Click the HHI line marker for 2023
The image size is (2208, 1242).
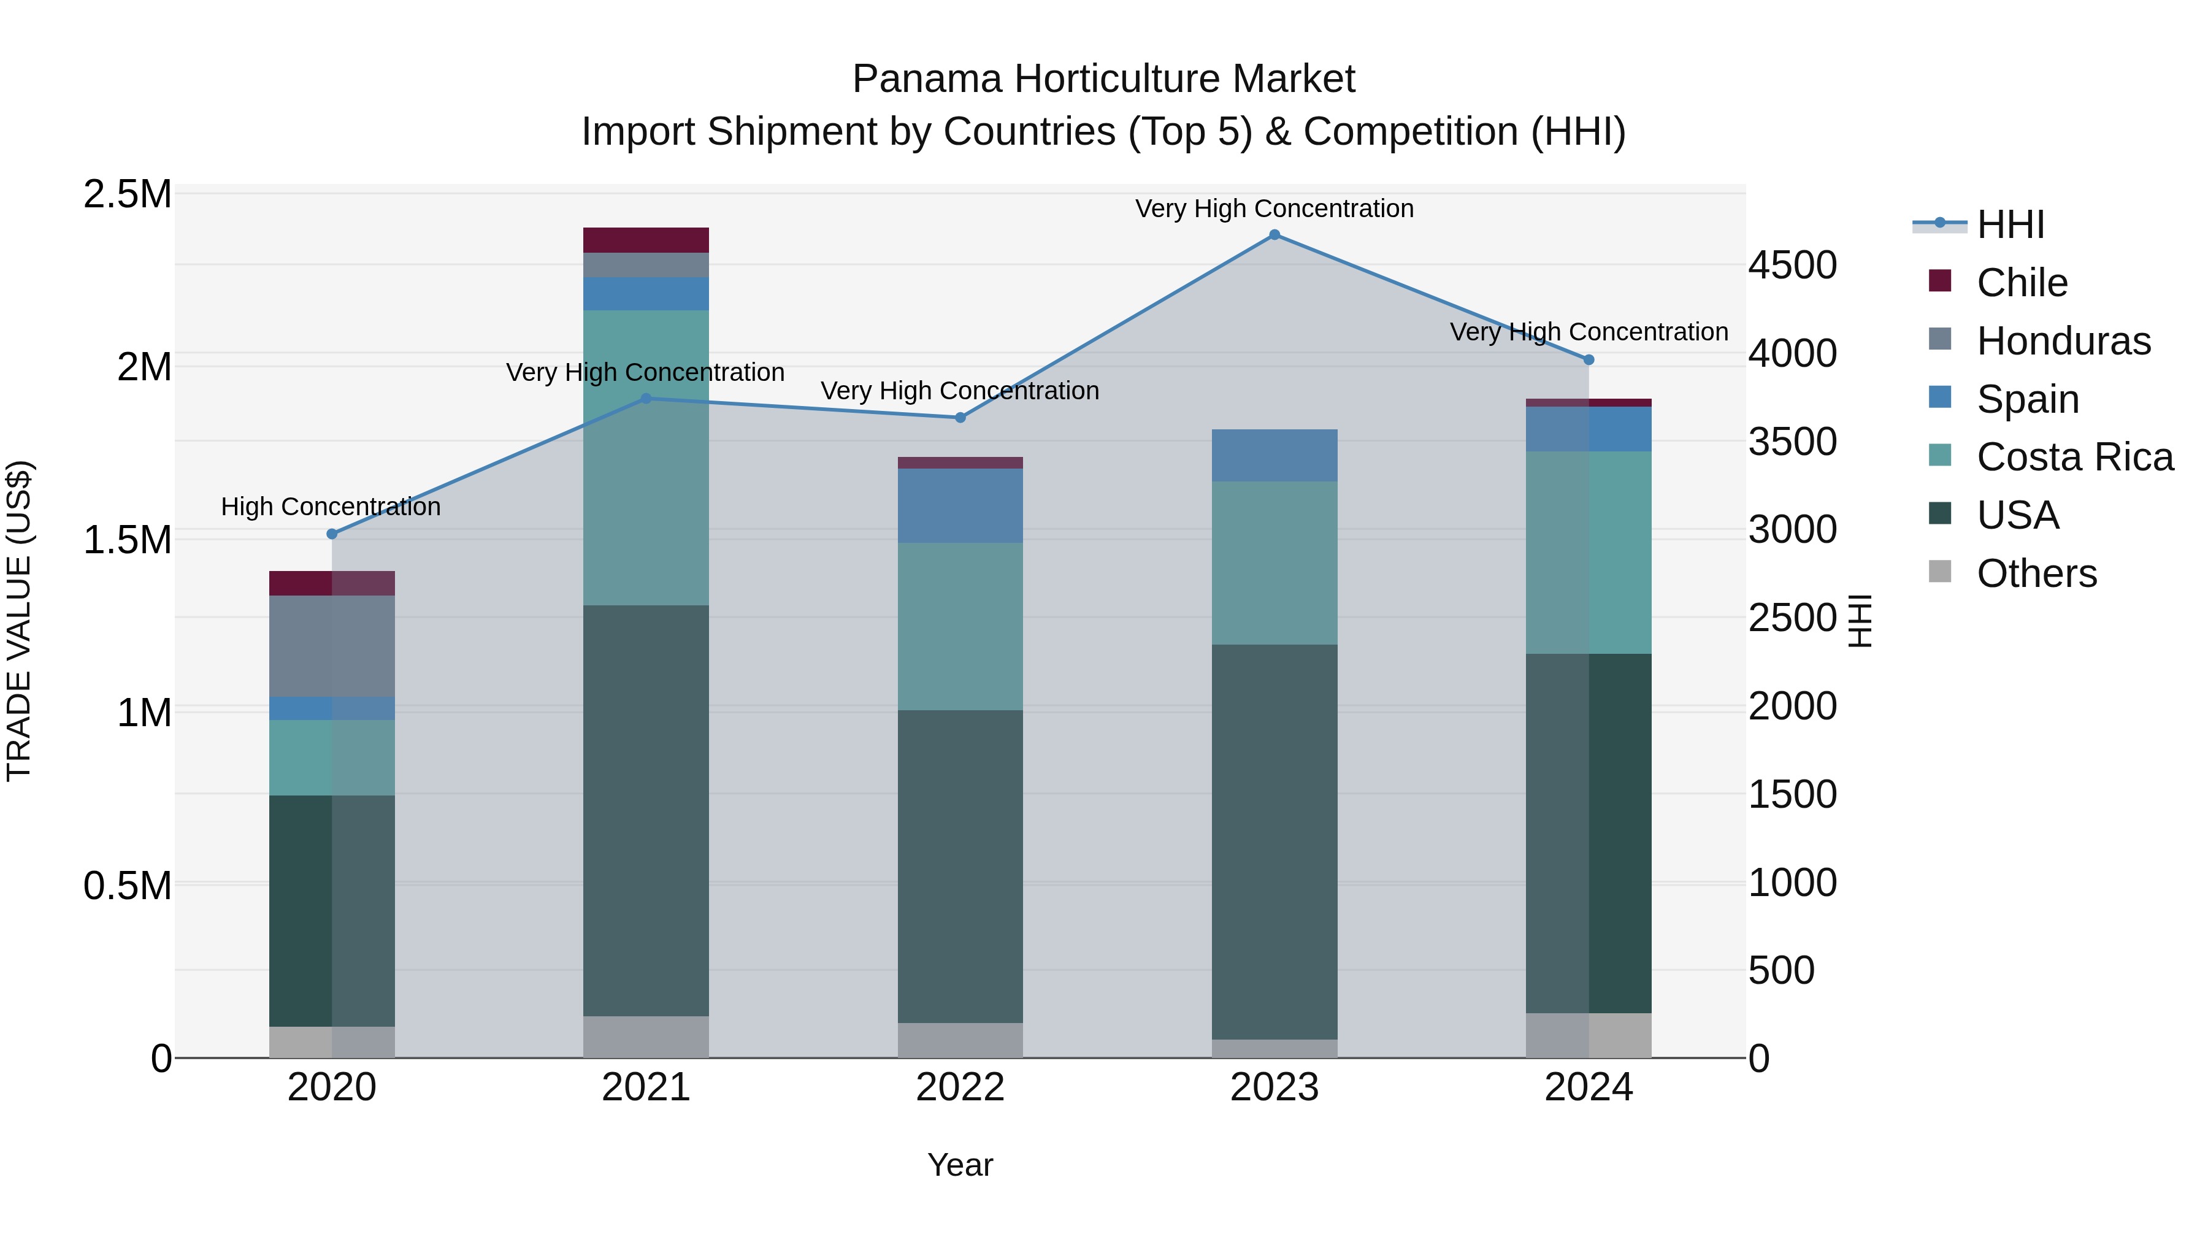(x=1274, y=235)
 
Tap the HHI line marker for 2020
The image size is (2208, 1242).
(x=332, y=534)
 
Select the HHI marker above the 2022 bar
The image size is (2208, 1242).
(x=960, y=418)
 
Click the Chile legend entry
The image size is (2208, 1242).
(x=2021, y=283)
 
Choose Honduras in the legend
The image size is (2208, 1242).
(x=2062, y=341)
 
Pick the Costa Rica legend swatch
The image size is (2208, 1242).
(x=1940, y=455)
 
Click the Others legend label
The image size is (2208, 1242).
(x=2036, y=573)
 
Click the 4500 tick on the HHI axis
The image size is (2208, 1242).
(x=1792, y=265)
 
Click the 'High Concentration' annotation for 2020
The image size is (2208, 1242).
(x=331, y=507)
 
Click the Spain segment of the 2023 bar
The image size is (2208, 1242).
(x=1274, y=455)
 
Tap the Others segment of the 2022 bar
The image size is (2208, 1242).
(x=960, y=1040)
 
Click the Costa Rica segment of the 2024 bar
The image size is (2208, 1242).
(x=1589, y=552)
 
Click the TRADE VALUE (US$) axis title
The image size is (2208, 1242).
(x=19, y=621)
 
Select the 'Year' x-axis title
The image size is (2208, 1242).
(x=960, y=1165)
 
